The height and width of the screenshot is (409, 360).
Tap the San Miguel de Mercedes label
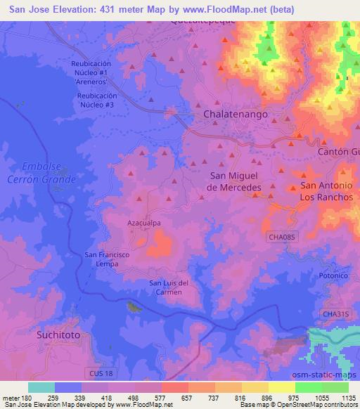[x=235, y=181]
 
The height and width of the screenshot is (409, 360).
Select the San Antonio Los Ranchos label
[x=326, y=191]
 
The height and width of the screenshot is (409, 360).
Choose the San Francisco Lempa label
[x=107, y=259]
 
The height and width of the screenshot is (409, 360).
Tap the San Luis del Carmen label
[x=169, y=287]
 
